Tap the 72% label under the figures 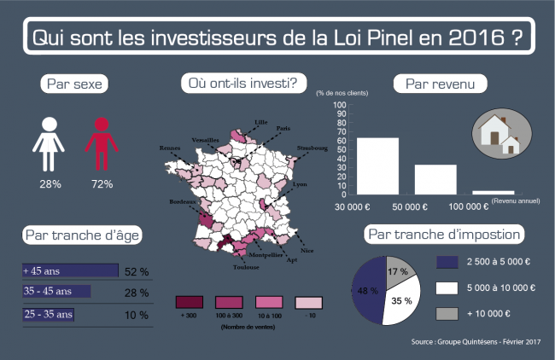[x=102, y=183]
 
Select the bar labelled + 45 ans [x=70, y=270]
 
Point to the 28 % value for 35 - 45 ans [x=137, y=293]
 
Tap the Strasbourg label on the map [x=312, y=148]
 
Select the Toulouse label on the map [x=246, y=267]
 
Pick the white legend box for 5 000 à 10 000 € [x=447, y=288]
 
